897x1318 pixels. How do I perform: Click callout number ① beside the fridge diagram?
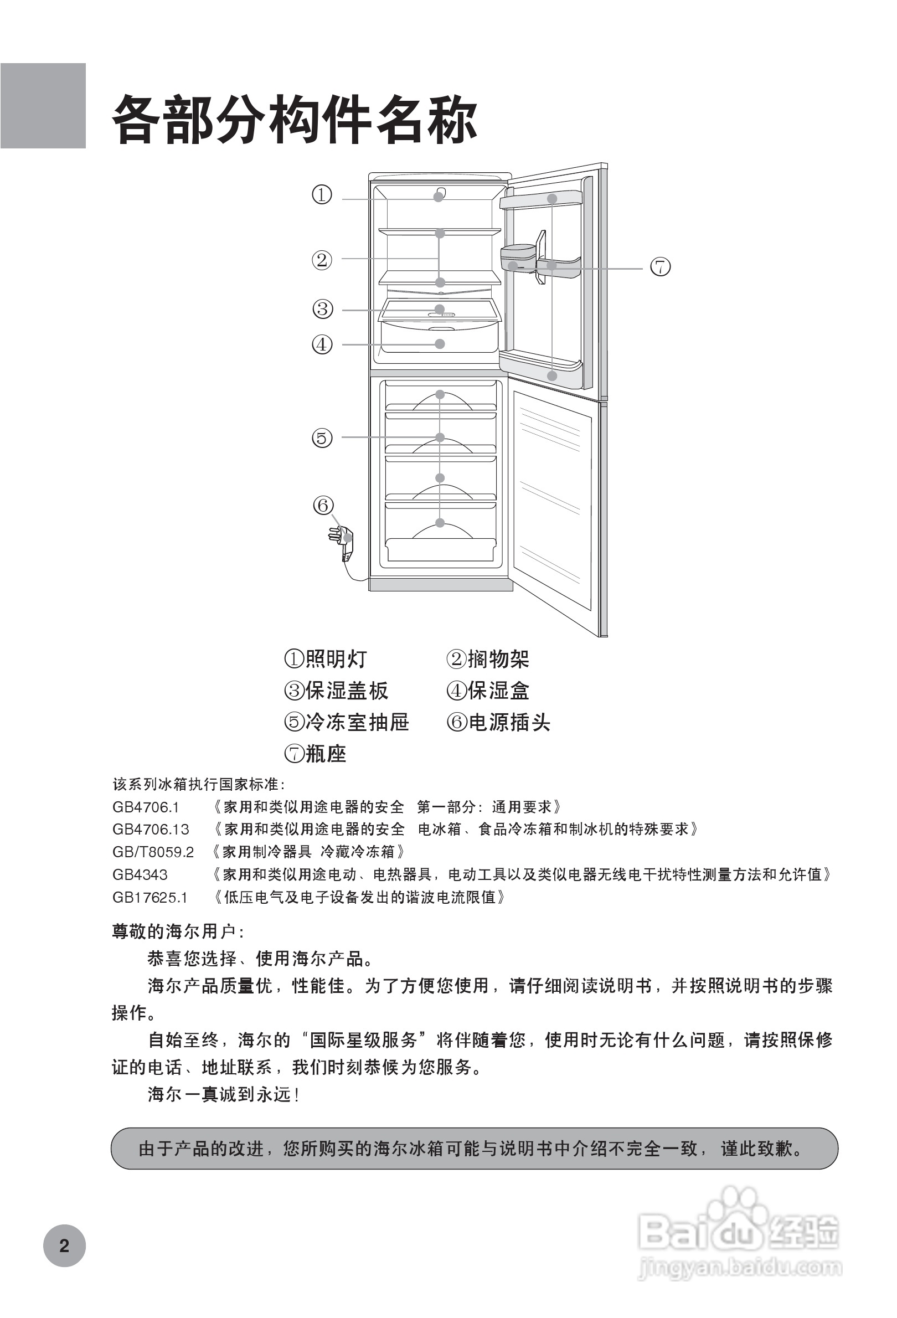pos(322,195)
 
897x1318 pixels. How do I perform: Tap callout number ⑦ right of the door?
pos(660,266)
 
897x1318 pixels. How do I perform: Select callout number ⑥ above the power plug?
pos(323,504)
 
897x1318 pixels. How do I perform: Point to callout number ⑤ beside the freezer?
pos(322,438)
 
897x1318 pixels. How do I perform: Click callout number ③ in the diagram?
pos(323,309)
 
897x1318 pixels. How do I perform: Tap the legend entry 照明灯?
pos(326,659)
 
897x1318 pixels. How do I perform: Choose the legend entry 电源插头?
pos(498,722)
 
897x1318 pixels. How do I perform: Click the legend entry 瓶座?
pos(315,754)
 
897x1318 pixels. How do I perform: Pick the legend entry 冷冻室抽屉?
pos(347,722)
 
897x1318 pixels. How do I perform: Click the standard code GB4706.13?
pos(151,829)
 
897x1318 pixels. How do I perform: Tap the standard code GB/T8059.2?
pos(153,852)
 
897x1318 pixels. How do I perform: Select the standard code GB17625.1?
pos(149,897)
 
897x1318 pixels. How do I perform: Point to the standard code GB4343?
pos(140,874)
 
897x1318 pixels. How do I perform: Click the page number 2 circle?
pos(64,1245)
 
